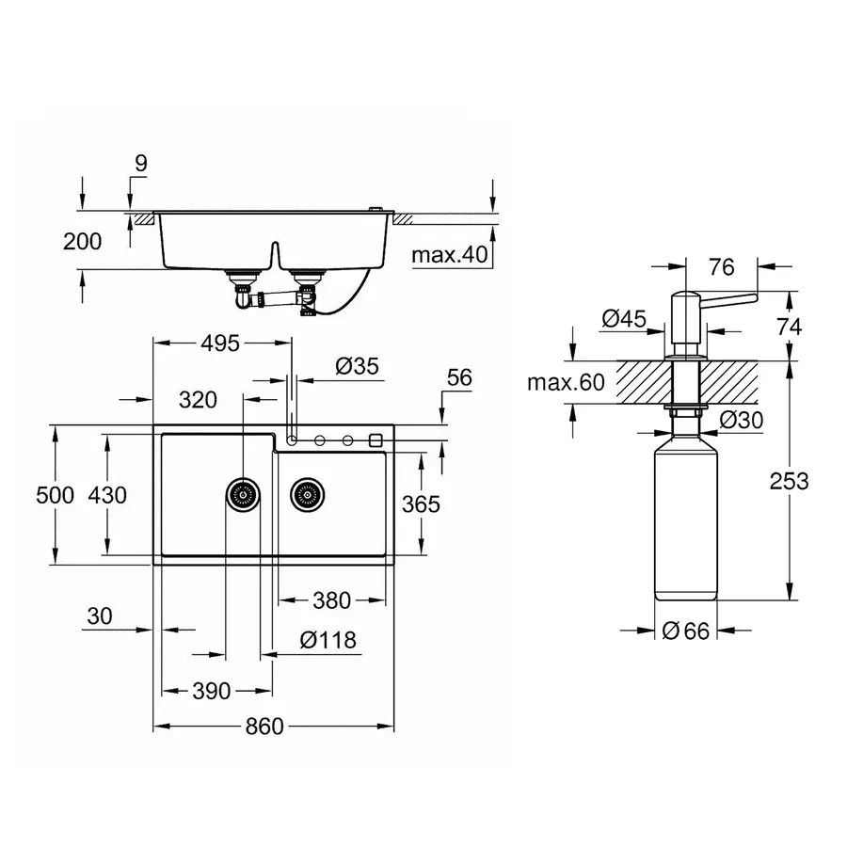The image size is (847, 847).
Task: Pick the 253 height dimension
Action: [x=789, y=481]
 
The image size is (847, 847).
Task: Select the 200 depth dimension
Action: [x=82, y=241]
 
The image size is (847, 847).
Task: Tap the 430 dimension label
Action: [x=106, y=494]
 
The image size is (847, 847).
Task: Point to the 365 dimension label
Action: [x=420, y=503]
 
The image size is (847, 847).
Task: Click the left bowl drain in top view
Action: [x=243, y=492]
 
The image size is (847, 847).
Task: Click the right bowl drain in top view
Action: [x=306, y=492]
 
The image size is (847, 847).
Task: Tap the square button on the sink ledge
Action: [x=376, y=439]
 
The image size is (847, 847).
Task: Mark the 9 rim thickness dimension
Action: [x=140, y=163]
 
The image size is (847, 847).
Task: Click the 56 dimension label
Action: [x=459, y=377]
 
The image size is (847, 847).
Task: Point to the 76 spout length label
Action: [x=721, y=267]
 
